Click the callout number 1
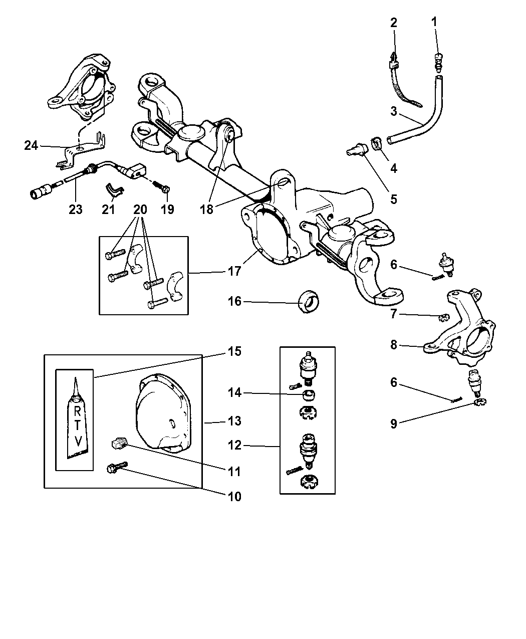tap(434, 22)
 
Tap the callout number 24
tap(31, 145)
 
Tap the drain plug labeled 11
tap(118, 443)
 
